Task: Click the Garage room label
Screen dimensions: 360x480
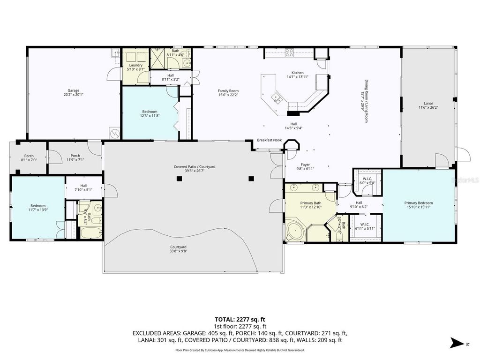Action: click(x=74, y=90)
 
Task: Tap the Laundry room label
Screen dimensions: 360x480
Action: click(x=135, y=65)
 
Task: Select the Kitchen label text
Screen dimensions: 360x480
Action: click(x=298, y=73)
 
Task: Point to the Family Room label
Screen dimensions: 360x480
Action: click(x=228, y=90)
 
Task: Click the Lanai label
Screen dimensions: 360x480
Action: click(x=428, y=103)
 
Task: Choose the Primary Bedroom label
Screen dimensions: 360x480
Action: click(x=419, y=203)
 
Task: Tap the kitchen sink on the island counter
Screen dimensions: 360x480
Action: click(x=277, y=98)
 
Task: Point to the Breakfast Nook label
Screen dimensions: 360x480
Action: click(x=269, y=140)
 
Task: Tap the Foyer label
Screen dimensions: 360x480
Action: click(x=305, y=165)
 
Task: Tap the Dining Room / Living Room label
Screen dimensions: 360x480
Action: click(x=368, y=101)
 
